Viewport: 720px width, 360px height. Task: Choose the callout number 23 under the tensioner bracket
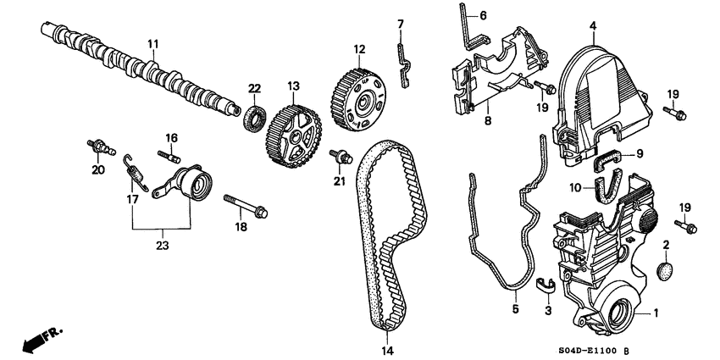160,246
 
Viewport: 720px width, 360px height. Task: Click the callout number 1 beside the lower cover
654,313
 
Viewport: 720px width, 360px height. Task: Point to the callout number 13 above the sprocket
294,86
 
